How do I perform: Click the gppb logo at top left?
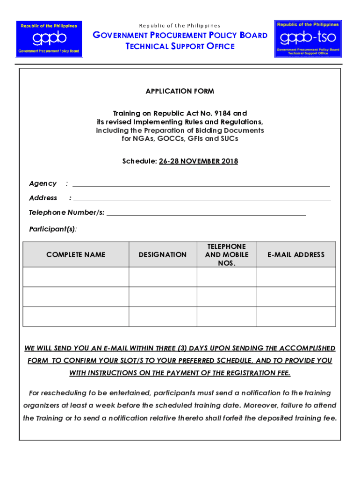point(49,38)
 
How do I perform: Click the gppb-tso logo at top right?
point(308,38)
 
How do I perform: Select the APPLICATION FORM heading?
point(180,91)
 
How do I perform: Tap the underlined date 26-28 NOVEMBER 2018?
point(198,161)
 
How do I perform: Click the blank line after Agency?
point(201,184)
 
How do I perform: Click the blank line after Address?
point(202,199)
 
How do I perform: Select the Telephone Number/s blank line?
point(206,213)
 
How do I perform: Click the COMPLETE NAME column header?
point(76,254)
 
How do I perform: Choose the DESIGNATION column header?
point(163,254)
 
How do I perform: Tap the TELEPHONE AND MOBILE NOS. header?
point(227,254)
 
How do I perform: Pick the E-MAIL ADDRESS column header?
point(296,254)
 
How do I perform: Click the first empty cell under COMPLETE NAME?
point(76,276)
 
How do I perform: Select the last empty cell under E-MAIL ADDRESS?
point(296,316)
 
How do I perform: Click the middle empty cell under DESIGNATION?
point(163,297)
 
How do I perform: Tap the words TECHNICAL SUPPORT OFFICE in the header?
point(180,46)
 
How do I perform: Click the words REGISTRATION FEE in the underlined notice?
point(255,373)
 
